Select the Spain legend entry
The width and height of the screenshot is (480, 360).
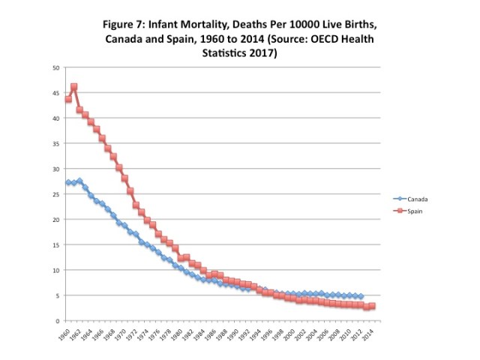pos(418,212)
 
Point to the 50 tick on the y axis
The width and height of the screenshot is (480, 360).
pos(55,67)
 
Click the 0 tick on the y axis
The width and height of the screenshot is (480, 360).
pos(58,321)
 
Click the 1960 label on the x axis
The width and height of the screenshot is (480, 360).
pos(64,334)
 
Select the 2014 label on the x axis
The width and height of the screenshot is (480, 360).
pos(369,334)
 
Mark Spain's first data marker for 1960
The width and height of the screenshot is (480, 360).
pos(68,99)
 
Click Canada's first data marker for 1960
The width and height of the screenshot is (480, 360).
pos(68,183)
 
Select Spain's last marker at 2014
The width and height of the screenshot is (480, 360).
pos(372,306)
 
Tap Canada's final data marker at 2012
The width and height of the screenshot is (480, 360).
pos(361,297)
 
